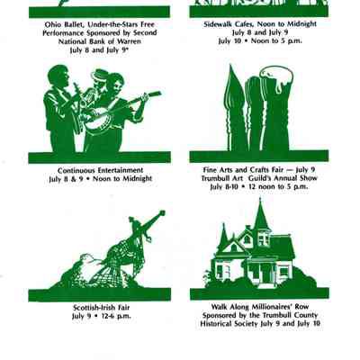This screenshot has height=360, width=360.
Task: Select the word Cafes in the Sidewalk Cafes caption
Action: [x=238, y=24]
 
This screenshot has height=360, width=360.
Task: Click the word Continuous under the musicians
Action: [x=76, y=170]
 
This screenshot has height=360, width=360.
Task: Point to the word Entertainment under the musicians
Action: [x=121, y=170]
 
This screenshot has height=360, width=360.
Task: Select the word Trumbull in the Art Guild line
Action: [x=216, y=178]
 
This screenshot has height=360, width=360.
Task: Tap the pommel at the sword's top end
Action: [x=162, y=213]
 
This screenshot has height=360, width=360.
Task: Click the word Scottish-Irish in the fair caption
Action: [x=93, y=308]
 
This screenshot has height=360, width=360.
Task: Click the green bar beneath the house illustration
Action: [x=259, y=294]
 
